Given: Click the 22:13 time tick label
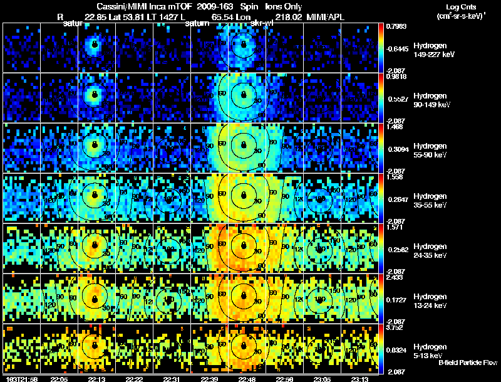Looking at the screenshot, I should (x=96, y=379).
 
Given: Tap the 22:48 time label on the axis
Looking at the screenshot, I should (x=246, y=379).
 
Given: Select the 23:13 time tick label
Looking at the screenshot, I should (x=359, y=379).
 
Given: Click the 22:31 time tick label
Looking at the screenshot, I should (x=171, y=379).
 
